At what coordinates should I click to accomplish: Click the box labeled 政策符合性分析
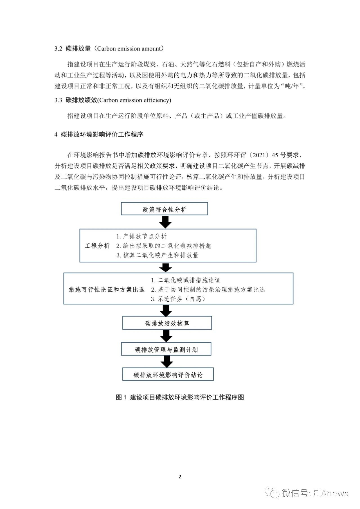tap(165, 209)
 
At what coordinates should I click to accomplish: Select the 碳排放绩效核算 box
tap(167, 323)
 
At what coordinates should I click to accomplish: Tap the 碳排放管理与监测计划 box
tap(166, 349)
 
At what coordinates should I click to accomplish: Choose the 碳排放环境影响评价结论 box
tap(168, 374)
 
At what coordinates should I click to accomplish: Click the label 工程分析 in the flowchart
tap(97, 246)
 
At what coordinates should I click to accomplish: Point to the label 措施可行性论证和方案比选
tap(107, 290)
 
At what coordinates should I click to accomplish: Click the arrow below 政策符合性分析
tap(165, 222)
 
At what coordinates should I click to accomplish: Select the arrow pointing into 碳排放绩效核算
tap(166, 310)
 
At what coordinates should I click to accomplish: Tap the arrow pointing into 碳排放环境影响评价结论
tap(167, 362)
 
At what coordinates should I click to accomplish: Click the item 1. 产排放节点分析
tap(141, 236)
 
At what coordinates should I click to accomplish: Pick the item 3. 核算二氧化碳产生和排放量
tap(157, 255)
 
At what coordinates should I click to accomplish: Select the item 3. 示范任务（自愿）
tap(178, 299)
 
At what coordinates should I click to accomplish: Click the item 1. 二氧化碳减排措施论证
tap(186, 280)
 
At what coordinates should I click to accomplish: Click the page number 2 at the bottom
tap(180, 477)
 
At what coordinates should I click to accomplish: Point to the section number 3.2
tap(58, 49)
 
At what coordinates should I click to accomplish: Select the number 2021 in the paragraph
tap(259, 155)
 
